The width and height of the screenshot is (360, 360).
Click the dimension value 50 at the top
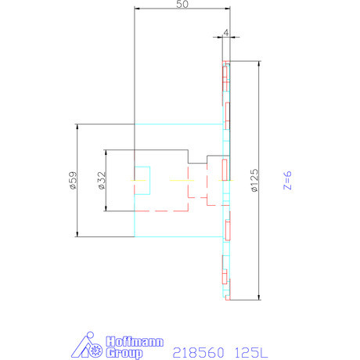(182, 5)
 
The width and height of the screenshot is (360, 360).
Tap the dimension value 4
(225, 32)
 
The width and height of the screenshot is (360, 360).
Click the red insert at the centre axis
(225, 169)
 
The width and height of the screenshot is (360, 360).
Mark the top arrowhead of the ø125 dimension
(258, 64)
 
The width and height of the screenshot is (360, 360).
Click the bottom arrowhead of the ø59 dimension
(77, 234)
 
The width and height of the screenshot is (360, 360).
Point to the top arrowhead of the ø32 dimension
(106, 151)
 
